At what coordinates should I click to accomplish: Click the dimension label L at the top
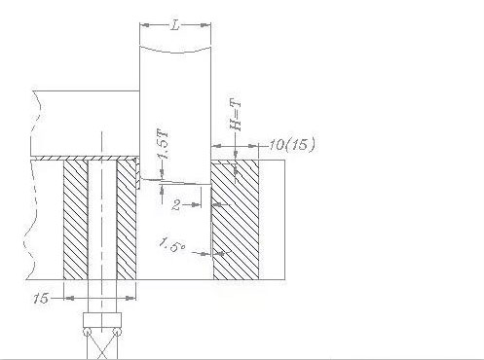175,25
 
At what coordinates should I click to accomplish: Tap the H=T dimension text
236,115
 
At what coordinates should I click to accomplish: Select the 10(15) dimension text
292,144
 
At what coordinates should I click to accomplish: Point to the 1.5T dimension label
163,144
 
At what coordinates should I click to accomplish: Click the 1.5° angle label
172,245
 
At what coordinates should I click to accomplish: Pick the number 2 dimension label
176,205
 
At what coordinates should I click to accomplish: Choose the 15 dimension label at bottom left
41,298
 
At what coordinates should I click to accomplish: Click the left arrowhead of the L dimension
145,25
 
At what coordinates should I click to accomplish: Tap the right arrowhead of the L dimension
205,25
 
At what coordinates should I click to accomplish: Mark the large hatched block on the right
236,219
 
